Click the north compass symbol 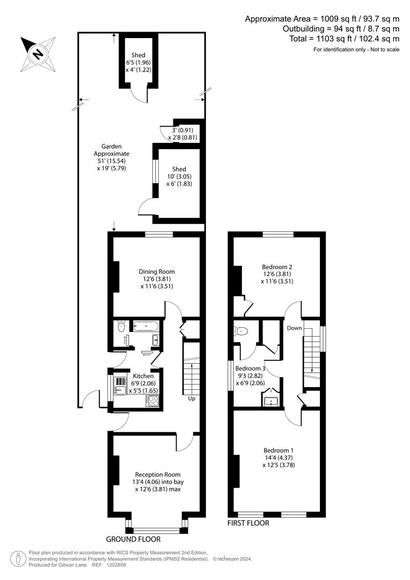tap(38, 54)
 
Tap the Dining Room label tap(157, 272)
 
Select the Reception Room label tap(158, 475)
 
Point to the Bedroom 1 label tap(279, 451)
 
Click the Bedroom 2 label tap(277, 267)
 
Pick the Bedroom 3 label tap(250, 368)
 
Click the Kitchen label tap(143, 376)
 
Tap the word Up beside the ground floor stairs tap(192, 398)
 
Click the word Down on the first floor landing tap(294, 328)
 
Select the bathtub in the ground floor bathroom tap(146, 326)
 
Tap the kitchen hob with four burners tap(153, 401)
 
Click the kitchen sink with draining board tap(121, 386)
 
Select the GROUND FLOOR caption tap(133, 539)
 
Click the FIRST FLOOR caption tap(248, 523)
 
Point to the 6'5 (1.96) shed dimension tap(138, 62)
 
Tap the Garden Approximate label tap(111, 150)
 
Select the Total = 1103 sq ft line tap(345, 39)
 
